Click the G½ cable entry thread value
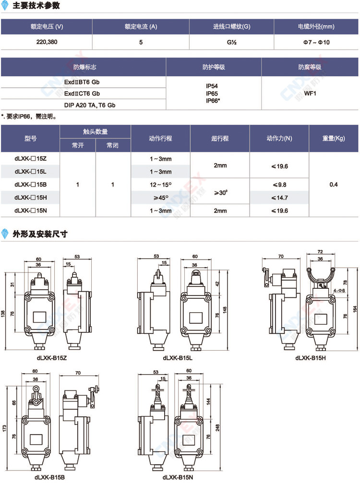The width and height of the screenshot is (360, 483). (x=231, y=42)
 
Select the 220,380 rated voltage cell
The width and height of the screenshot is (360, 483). (x=47, y=42)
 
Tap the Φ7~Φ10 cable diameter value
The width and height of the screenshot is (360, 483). (x=316, y=42)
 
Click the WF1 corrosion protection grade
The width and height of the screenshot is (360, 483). (x=310, y=94)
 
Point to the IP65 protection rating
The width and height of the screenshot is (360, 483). (x=212, y=94)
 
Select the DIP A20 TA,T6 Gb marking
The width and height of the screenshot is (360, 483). (x=90, y=105)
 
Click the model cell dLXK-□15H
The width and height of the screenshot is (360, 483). (x=31, y=198)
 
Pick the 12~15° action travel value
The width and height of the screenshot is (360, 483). (x=161, y=185)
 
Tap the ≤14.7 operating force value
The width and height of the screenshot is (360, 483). (x=279, y=198)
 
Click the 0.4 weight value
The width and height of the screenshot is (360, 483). (x=334, y=185)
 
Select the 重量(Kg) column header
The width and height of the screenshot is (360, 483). (x=334, y=138)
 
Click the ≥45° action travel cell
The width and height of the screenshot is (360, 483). (x=161, y=198)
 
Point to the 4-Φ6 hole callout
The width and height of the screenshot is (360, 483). (x=339, y=291)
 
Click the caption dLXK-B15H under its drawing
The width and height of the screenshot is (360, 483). (x=311, y=358)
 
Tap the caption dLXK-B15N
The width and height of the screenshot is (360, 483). (x=178, y=477)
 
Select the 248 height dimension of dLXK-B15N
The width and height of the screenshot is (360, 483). (x=217, y=427)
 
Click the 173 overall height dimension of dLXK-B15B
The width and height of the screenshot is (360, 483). (x=4, y=428)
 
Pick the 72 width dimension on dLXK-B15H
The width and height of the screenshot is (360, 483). (x=320, y=252)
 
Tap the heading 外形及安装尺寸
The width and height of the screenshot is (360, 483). (x=40, y=234)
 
